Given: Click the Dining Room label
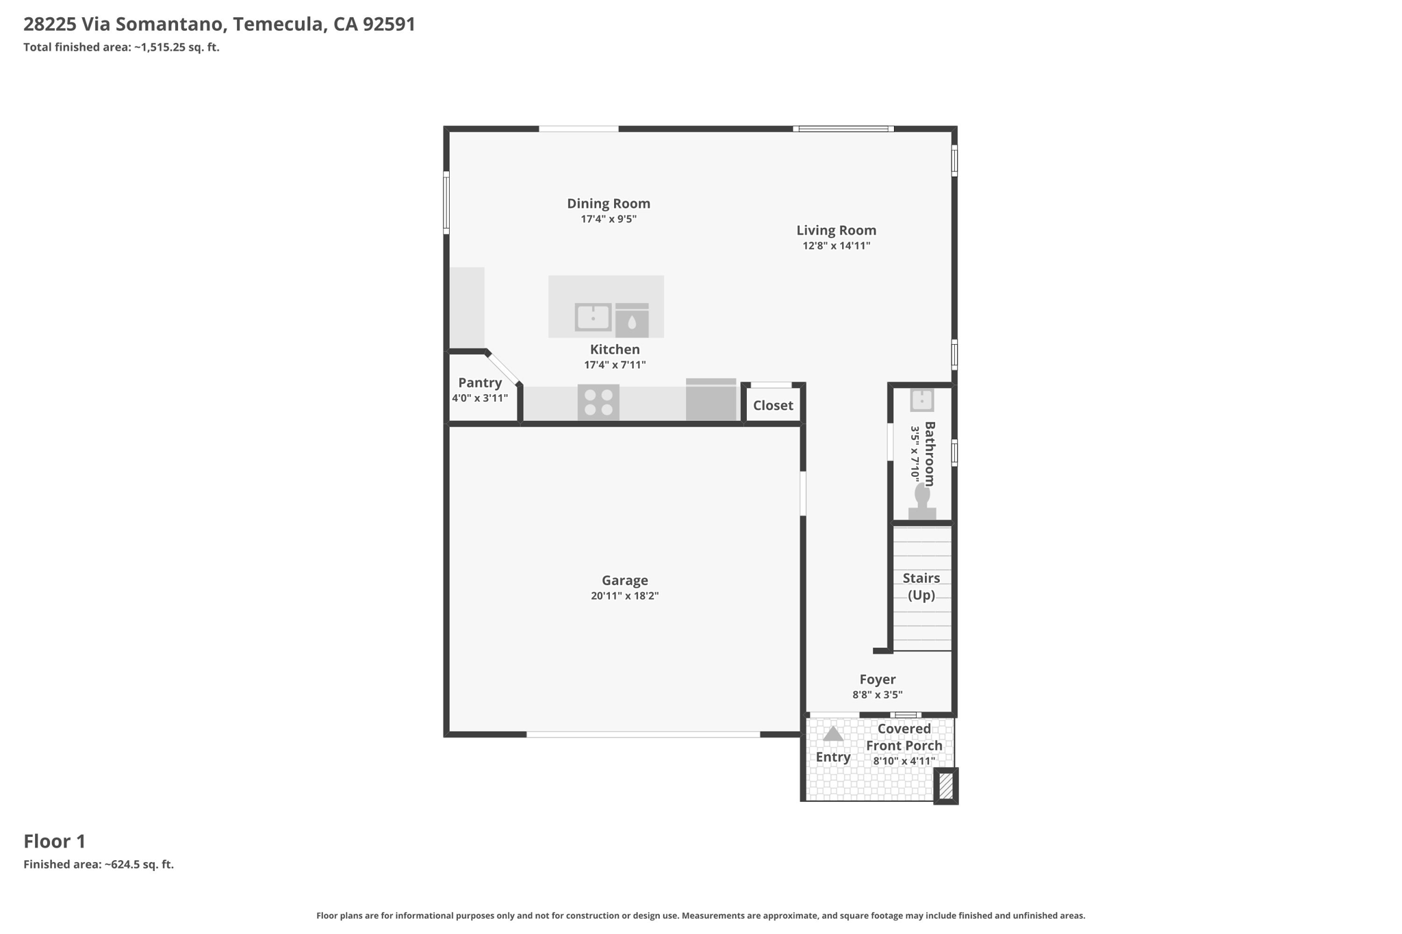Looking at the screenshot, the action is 609,203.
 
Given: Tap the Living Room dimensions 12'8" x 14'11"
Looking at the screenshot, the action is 836,246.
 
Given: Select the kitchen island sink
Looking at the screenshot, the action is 593,317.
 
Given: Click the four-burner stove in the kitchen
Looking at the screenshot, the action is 598,402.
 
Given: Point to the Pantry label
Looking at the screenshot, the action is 480,382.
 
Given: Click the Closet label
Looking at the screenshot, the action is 773,405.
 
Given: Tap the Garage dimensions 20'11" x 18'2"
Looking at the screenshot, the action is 624,596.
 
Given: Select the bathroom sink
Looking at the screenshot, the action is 922,400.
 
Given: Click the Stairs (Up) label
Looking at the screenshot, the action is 921,586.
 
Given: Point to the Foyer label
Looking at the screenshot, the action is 878,679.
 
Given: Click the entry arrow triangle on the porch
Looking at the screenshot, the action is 833,734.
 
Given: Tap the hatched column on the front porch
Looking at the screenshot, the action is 946,786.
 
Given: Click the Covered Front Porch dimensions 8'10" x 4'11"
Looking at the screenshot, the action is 904,761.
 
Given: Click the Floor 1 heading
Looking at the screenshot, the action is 55,841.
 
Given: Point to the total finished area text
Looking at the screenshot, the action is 121,47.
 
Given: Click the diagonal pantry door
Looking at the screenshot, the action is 505,369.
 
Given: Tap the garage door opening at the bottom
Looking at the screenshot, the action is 643,734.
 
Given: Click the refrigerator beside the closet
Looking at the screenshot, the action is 711,400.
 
